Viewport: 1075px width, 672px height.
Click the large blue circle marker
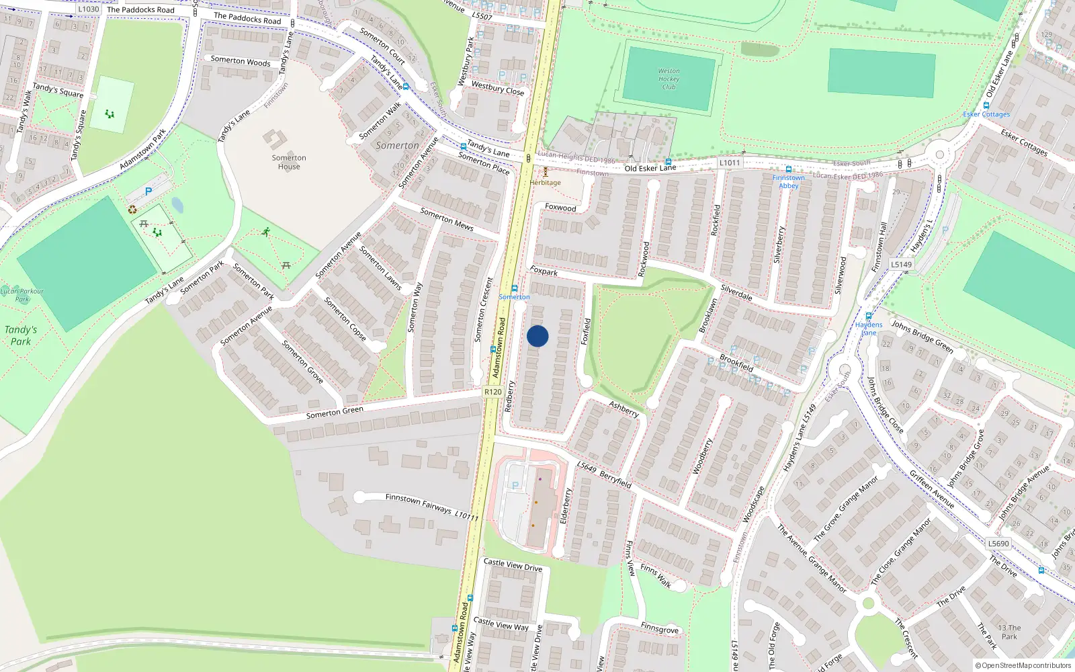(x=537, y=336)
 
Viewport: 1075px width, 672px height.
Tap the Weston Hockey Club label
(x=669, y=79)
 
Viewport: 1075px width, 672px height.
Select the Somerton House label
(x=289, y=162)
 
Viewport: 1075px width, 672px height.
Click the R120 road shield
(x=492, y=392)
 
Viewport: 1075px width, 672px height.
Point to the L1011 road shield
(x=729, y=163)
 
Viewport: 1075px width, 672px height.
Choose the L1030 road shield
(x=88, y=9)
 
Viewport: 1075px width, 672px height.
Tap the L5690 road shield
(x=998, y=544)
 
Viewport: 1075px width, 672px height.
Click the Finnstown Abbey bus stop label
(x=788, y=181)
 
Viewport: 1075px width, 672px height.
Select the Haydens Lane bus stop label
(x=869, y=329)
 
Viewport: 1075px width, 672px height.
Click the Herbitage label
(x=545, y=182)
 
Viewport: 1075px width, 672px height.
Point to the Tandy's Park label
(x=21, y=335)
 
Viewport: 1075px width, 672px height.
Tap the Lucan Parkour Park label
(x=22, y=295)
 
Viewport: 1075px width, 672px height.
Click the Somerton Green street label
(x=335, y=412)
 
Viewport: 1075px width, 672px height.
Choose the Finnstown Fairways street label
(x=418, y=502)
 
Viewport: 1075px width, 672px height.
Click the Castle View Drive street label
(x=513, y=565)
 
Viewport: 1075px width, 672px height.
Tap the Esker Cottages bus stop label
(x=986, y=114)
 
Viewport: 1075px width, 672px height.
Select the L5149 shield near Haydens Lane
(x=902, y=265)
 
